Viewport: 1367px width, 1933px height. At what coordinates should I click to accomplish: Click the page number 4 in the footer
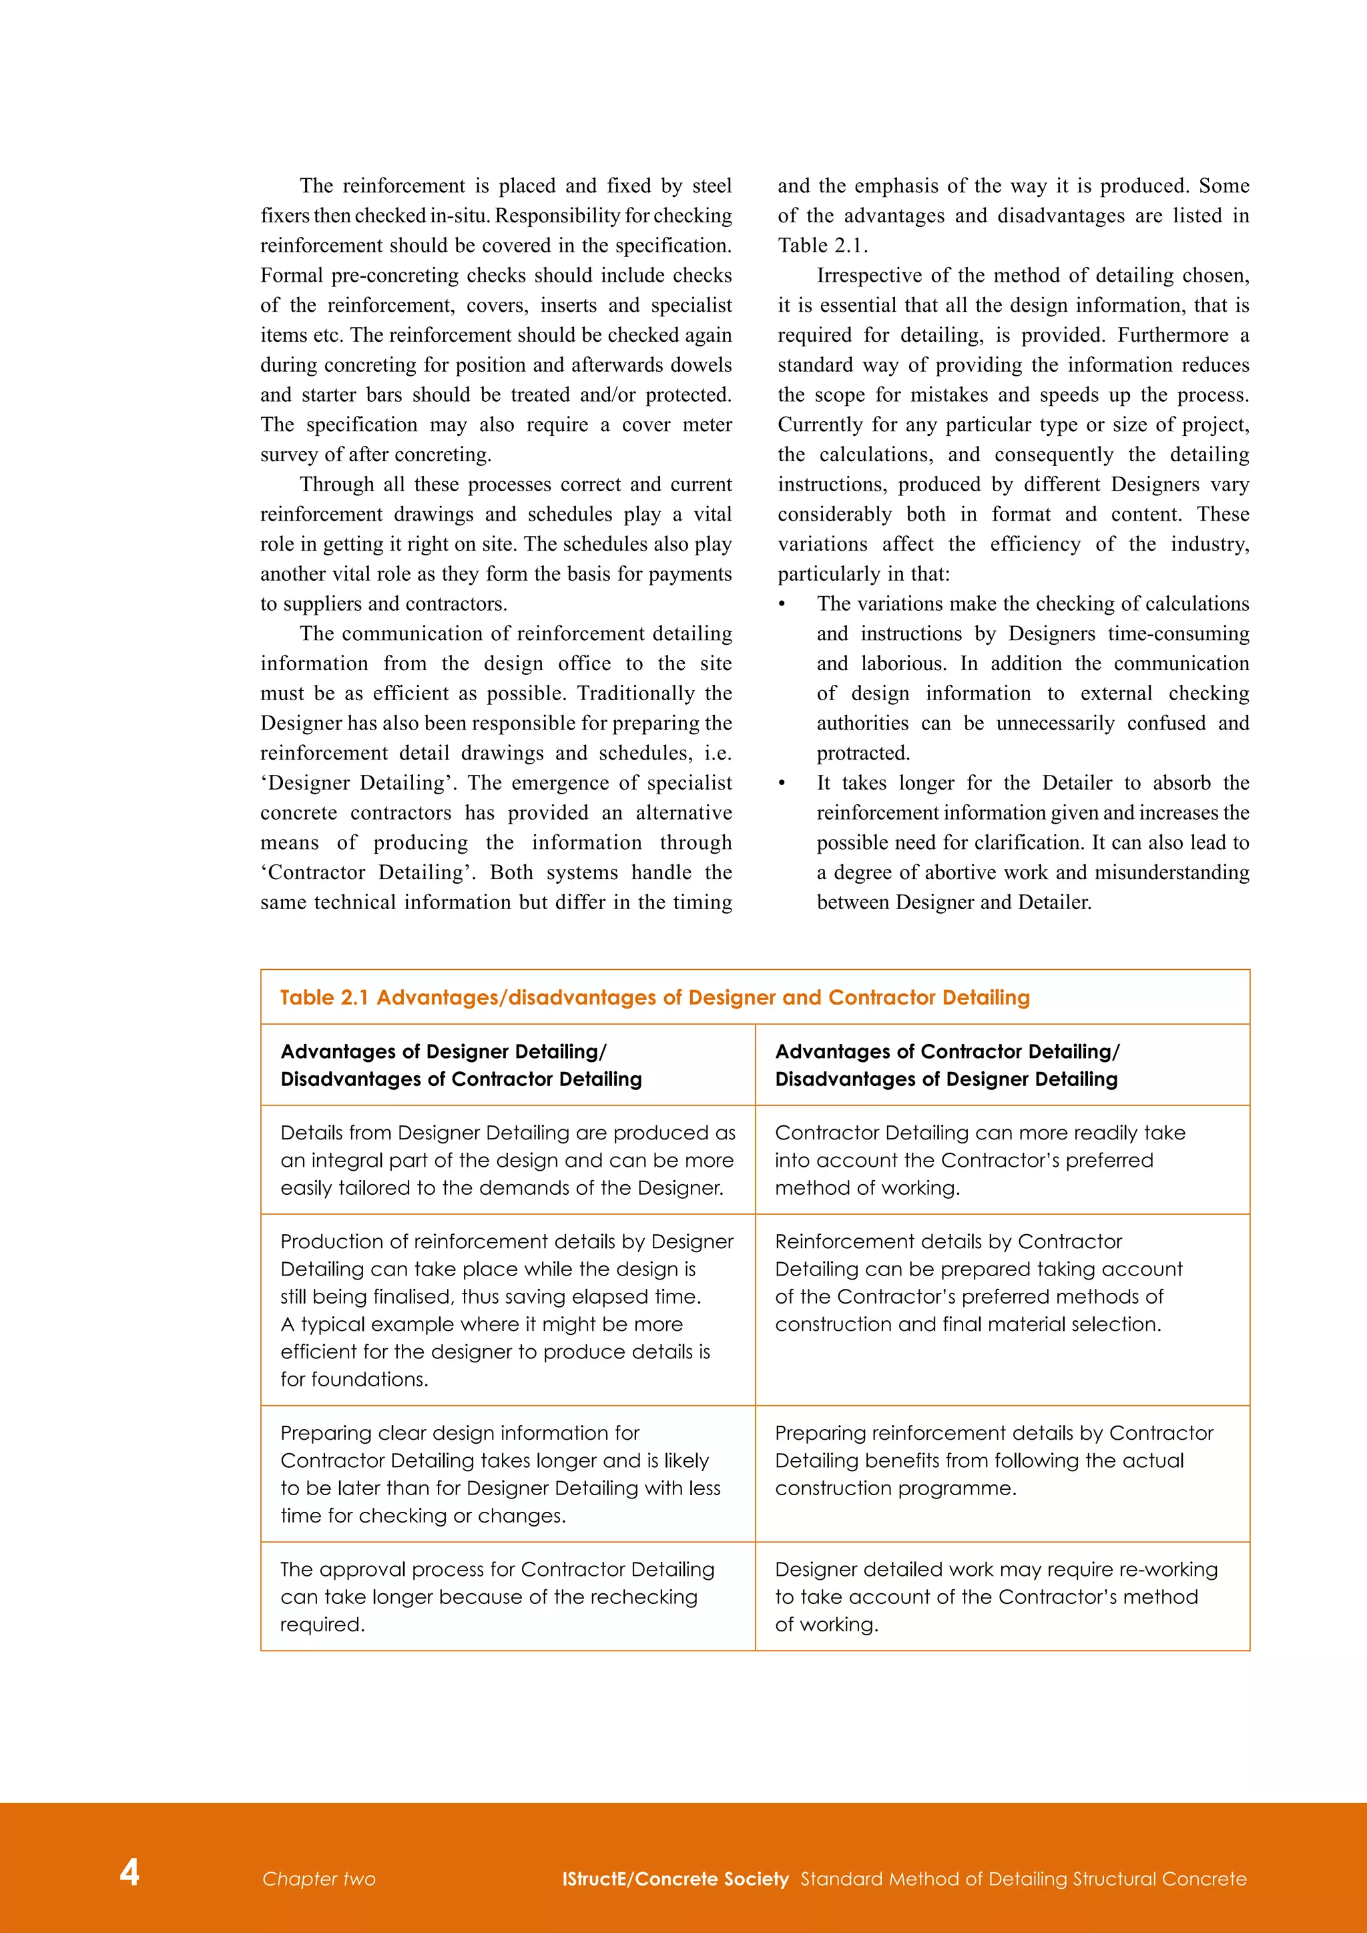[x=129, y=1872]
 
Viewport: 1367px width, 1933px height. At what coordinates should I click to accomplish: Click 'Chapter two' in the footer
[x=318, y=1879]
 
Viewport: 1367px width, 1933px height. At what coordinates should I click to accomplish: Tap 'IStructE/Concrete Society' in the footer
[x=675, y=1879]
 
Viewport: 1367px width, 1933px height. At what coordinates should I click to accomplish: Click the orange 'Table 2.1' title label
[x=324, y=998]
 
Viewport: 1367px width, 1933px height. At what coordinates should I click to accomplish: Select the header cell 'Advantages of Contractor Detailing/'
[x=947, y=1051]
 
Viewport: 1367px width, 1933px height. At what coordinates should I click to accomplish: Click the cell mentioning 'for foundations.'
[x=507, y=1309]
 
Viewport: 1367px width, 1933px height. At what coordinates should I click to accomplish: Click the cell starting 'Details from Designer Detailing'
[x=507, y=1160]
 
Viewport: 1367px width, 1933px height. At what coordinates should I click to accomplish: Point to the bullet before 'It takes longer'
[x=782, y=784]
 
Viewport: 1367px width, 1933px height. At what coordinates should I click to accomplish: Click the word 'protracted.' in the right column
[x=863, y=754]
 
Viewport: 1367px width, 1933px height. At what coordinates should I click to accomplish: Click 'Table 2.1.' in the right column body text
[x=822, y=246]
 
